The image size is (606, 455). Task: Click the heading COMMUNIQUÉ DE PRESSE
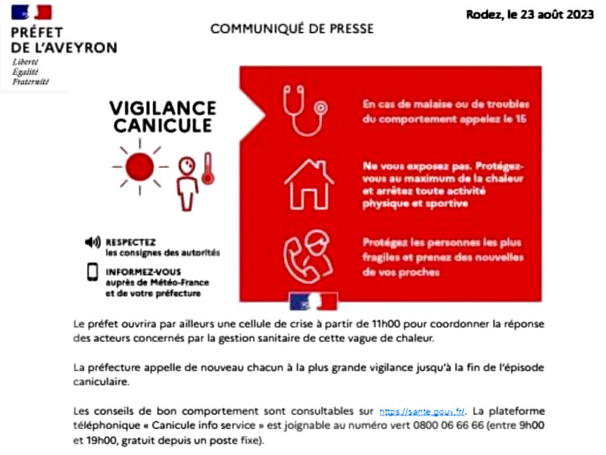tap(292, 29)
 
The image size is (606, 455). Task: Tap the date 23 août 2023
tap(557, 15)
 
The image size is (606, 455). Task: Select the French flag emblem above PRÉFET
tap(32, 12)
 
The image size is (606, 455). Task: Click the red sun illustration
tap(141, 165)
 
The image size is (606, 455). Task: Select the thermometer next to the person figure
tap(207, 170)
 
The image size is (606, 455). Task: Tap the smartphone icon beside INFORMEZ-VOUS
tap(92, 271)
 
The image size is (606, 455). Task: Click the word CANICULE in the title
tap(162, 126)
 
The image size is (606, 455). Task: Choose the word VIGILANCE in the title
tap(162, 108)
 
